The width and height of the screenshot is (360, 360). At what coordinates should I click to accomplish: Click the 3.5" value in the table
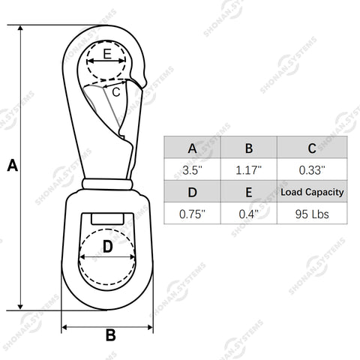click(192, 170)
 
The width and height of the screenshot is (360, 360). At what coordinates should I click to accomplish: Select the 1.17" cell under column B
click(249, 170)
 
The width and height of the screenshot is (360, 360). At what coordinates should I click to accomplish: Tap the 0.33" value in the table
click(312, 170)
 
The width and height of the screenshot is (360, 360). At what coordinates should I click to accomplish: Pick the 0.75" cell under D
click(192, 214)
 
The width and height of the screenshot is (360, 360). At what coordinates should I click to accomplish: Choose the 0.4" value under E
click(249, 214)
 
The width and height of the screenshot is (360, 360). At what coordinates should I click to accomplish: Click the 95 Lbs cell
click(312, 214)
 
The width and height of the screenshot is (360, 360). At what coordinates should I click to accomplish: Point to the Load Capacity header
click(312, 192)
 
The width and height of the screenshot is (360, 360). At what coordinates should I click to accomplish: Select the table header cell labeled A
click(192, 148)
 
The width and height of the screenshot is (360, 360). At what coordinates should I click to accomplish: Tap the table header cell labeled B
click(249, 148)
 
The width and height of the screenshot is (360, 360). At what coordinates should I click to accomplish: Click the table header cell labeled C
click(312, 148)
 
